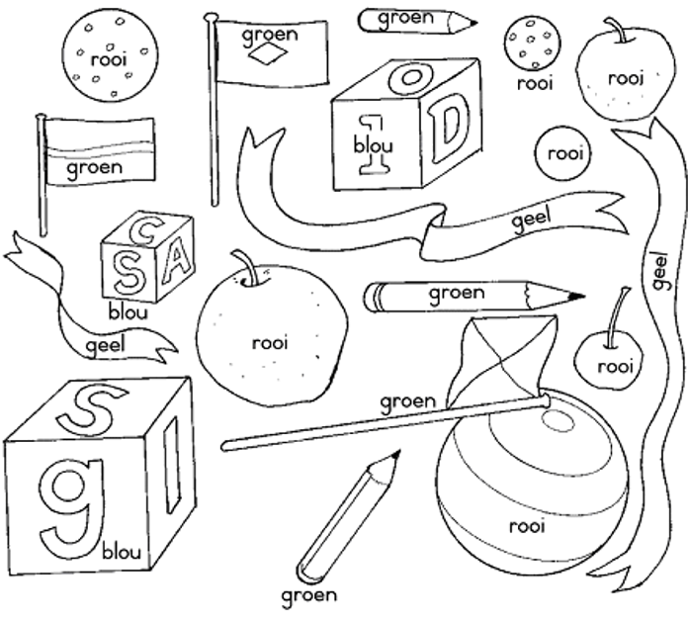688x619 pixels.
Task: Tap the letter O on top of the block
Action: click(409, 76)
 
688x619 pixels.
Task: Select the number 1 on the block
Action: click(373, 143)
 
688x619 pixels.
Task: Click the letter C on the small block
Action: click(140, 231)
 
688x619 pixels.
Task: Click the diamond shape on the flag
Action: click(270, 56)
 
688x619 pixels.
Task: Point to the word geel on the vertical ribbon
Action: click(659, 269)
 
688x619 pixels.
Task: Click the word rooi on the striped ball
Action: click(527, 526)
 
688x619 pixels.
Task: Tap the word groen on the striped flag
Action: click(95, 167)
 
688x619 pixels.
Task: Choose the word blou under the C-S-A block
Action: click(129, 312)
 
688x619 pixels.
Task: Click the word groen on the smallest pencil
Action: click(405, 17)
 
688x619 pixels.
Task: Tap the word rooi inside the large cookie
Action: click(109, 59)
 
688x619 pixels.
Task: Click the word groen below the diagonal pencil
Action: click(309, 595)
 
